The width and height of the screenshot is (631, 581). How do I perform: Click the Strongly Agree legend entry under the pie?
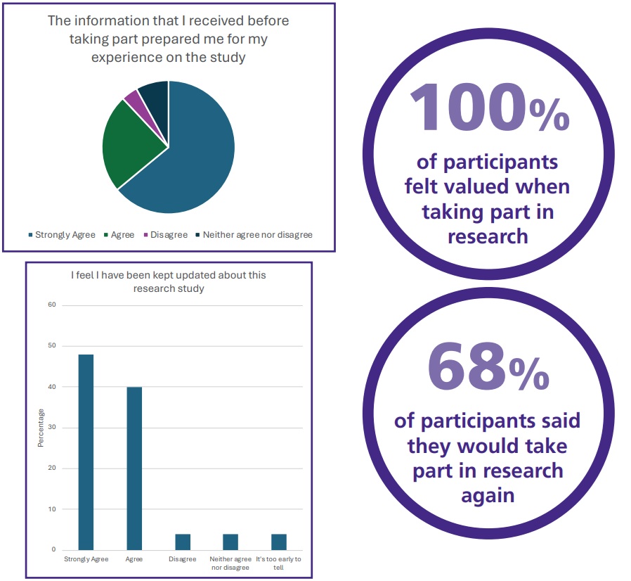pyautogui.click(x=62, y=234)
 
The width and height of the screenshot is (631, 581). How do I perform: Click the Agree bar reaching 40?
pyautogui.click(x=134, y=468)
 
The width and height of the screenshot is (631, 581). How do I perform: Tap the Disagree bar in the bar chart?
pyautogui.click(x=182, y=542)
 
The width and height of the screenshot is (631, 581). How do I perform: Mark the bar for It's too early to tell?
pyautogui.click(x=279, y=542)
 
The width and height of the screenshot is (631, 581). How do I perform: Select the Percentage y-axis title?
pyautogui.click(x=41, y=428)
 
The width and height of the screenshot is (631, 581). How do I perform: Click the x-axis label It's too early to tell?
pyautogui.click(x=278, y=563)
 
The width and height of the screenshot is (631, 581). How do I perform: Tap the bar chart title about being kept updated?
pyautogui.click(x=169, y=281)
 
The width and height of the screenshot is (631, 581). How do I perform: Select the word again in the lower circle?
pyautogui.click(x=488, y=494)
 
